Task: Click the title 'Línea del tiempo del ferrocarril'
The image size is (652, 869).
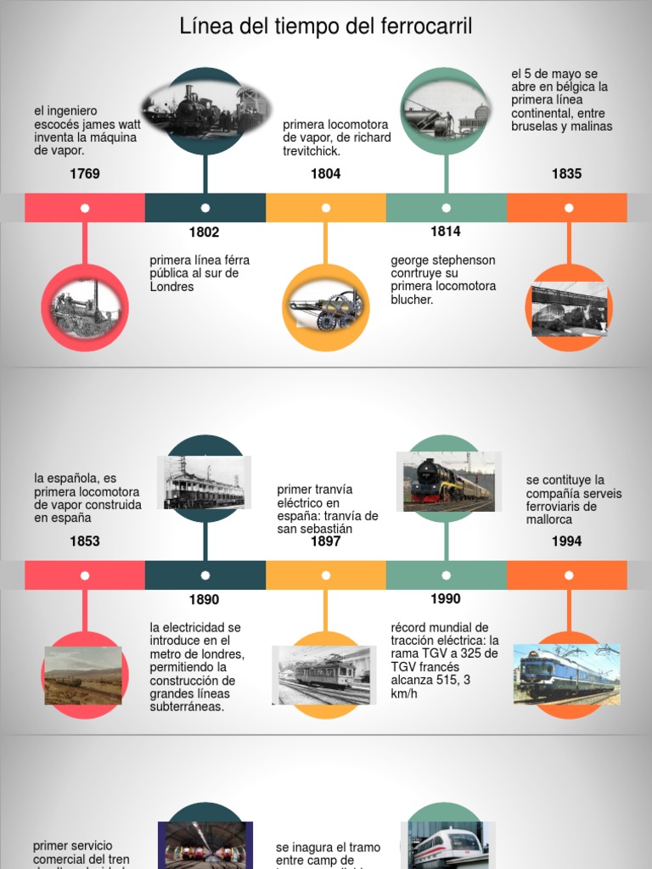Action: (326, 27)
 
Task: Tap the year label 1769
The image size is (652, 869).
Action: (85, 174)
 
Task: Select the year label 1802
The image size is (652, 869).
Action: (204, 233)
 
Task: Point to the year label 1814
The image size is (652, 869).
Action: (445, 231)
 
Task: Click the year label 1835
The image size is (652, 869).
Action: (566, 174)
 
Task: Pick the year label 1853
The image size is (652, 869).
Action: (85, 541)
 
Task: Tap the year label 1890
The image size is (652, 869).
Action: (204, 600)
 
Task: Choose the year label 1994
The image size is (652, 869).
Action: (566, 541)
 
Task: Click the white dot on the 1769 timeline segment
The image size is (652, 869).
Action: (85, 208)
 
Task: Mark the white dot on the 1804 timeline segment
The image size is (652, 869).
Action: (326, 208)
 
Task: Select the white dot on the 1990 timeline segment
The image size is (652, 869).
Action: (447, 575)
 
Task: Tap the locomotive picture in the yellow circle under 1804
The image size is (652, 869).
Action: (326, 309)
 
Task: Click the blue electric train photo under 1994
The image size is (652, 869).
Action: (566, 674)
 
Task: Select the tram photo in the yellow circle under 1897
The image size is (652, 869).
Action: (323, 675)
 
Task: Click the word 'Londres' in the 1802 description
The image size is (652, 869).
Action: (172, 287)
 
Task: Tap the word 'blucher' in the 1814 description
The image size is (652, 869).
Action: (412, 300)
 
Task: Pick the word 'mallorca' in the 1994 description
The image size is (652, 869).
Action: (549, 519)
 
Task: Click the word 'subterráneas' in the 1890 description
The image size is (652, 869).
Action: (187, 707)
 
